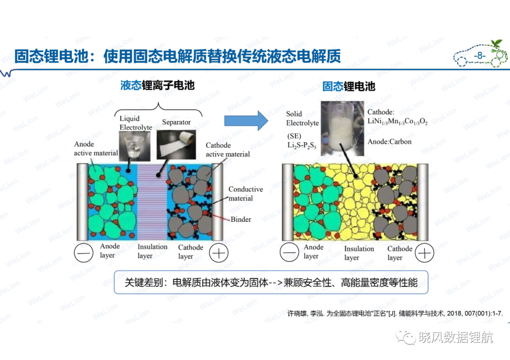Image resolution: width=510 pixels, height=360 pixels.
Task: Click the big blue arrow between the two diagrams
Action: pos(246,120)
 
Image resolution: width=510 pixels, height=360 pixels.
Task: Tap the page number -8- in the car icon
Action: pos(479,56)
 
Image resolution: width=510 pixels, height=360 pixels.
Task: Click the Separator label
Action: pos(176,122)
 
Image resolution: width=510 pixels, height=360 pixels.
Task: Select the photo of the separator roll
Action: pos(176,144)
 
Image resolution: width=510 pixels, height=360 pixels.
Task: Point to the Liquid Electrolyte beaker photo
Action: pos(135,146)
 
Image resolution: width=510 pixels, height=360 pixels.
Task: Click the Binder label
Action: pos(241,219)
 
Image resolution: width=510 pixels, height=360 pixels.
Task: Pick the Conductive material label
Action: pos(246,193)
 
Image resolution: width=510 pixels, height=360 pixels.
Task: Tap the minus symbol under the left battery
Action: pos(84,253)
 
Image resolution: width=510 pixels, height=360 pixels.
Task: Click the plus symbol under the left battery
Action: pos(219,253)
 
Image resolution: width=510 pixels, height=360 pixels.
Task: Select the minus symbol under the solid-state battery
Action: pos(289,252)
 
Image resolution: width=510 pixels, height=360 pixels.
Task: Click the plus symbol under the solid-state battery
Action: pos(425,253)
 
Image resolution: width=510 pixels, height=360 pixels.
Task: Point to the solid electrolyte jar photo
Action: pos(342,128)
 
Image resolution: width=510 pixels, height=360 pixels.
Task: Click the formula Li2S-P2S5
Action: pos(302,145)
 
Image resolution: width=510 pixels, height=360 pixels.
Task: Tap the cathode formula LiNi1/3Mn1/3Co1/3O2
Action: pos(398,122)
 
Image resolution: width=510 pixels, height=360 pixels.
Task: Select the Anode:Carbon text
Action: pos(389,142)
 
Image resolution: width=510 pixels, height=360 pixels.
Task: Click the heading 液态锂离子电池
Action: pos(157,85)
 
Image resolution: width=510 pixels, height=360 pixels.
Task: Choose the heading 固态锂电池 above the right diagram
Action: pos(348,86)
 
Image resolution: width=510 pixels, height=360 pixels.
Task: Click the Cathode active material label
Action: pos(228,150)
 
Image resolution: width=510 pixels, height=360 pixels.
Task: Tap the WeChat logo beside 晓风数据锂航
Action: pos(406,337)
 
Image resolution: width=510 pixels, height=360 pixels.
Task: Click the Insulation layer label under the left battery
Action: pos(152,251)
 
